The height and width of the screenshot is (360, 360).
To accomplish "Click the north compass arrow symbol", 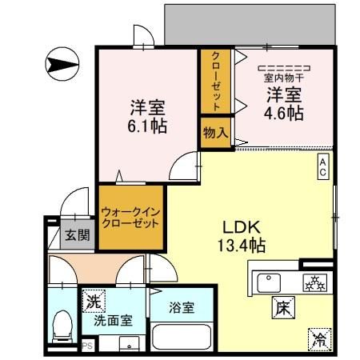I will [62, 63].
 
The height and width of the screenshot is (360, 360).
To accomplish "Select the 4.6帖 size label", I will [285, 113].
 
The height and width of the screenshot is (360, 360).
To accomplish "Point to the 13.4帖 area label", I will [245, 246].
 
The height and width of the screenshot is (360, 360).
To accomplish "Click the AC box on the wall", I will [322, 166].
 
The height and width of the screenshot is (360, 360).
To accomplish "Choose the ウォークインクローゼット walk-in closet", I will [131, 218].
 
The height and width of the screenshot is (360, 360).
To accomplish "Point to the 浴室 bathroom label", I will [180, 306].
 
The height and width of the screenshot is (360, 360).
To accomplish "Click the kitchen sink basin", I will [270, 282].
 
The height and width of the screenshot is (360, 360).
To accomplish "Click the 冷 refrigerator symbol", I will [318, 338].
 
